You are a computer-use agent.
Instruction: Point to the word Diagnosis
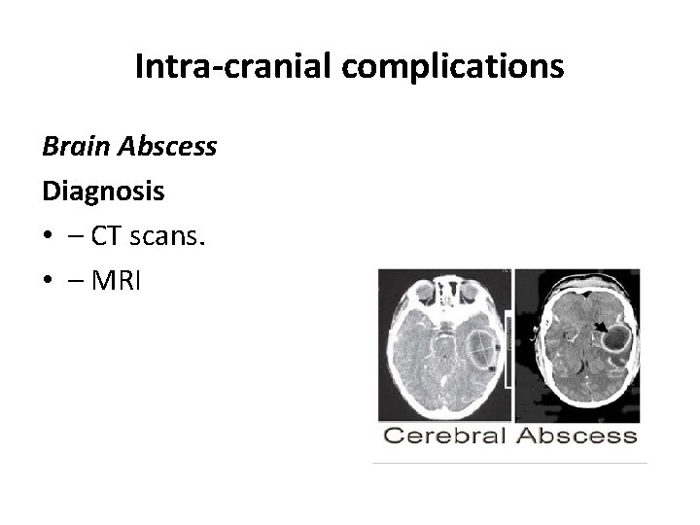pos(103,192)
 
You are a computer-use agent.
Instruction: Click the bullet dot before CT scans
pos(48,236)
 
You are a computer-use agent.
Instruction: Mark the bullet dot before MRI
pos(48,281)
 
